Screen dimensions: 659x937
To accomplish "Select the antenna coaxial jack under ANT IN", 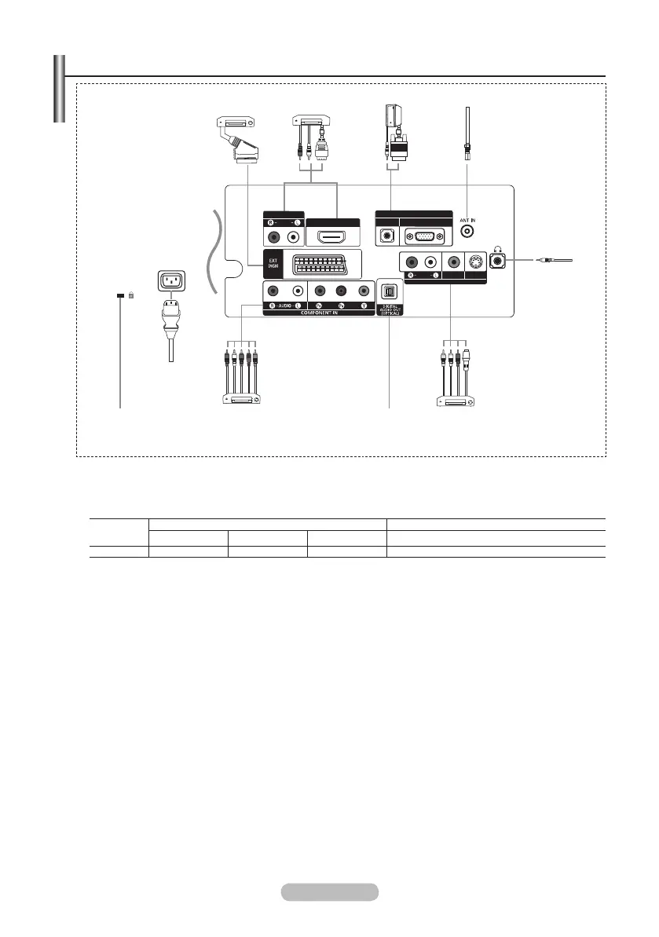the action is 469,232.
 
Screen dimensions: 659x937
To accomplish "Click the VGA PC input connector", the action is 422,236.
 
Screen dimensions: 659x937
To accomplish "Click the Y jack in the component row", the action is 363,288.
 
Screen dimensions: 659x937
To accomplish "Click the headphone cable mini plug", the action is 550,260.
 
